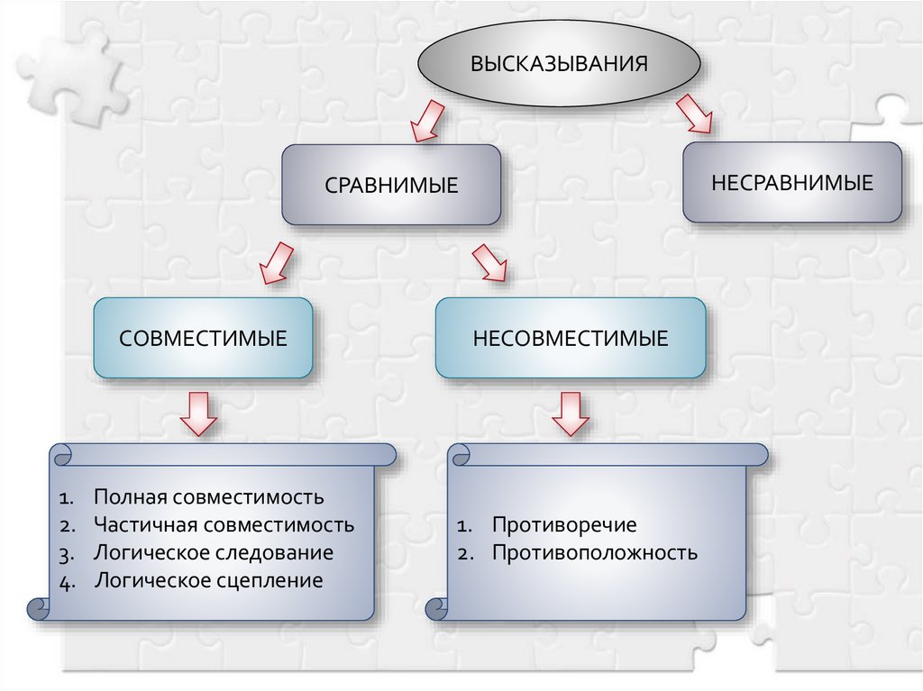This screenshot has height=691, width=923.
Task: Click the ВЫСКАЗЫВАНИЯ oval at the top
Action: coord(559,64)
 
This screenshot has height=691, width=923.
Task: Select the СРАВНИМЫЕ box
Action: coord(391,185)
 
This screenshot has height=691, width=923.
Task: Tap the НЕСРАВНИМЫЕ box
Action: coord(791,183)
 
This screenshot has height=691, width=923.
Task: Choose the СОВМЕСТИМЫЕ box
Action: coord(203,339)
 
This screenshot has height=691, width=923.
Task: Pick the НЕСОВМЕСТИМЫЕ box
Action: coord(571,339)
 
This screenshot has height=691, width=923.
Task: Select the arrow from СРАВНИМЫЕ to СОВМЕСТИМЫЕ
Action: coord(274,262)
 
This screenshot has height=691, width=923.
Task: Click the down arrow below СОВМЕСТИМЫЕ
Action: coord(198,414)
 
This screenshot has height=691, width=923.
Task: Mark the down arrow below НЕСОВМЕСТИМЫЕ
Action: coord(571,414)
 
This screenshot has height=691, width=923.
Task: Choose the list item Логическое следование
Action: coord(213,552)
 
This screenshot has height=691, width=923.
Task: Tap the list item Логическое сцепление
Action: coord(207,580)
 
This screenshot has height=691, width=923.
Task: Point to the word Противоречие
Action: coord(564,525)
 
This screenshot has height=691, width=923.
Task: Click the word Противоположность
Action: coord(594,552)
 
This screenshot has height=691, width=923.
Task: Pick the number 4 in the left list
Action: coord(67,581)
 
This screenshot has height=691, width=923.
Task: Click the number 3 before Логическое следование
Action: coord(67,553)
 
